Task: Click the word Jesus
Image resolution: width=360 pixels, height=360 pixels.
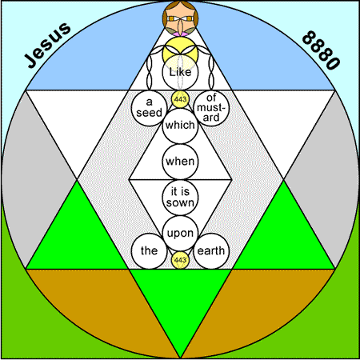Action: [47, 45]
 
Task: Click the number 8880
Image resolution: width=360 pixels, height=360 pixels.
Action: [321, 50]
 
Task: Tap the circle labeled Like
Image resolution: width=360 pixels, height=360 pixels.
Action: [180, 72]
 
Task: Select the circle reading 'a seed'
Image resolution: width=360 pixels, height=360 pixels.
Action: [149, 108]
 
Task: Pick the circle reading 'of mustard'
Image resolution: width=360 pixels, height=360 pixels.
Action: [211, 108]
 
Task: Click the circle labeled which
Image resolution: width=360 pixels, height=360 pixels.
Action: [180, 126]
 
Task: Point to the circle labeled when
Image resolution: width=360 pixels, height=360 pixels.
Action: [180, 162]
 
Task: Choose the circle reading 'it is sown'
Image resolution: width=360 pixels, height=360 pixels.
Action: [180, 198]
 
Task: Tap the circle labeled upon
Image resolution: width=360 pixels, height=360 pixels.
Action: [180, 234]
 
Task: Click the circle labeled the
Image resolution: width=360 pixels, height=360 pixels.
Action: [149, 251]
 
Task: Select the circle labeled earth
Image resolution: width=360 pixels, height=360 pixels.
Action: [211, 251]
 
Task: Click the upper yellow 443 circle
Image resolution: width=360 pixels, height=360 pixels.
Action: [180, 99]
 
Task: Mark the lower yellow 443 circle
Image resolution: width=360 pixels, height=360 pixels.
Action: [180, 260]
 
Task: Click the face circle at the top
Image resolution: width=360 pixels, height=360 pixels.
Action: [180, 18]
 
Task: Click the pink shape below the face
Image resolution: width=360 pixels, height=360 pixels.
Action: [180, 34]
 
